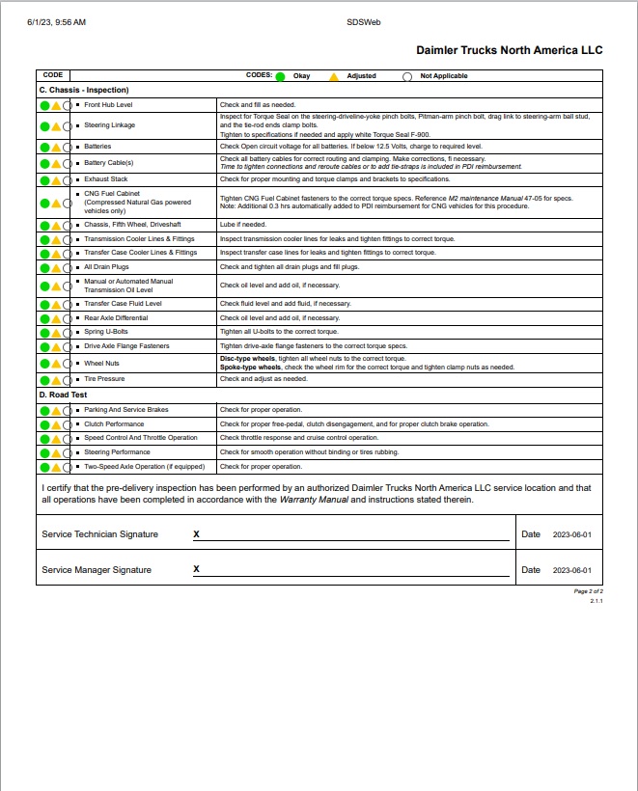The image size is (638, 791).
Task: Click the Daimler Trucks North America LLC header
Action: (509, 49)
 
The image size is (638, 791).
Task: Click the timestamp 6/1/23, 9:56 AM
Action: (57, 21)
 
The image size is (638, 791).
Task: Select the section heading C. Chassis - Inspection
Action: (83, 90)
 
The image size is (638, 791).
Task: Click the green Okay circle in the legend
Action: (280, 75)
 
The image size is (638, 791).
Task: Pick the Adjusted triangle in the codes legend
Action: (334, 75)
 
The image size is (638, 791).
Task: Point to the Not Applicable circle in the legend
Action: (407, 75)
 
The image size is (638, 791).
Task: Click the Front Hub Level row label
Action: (108, 104)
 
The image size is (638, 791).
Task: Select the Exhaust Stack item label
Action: (106, 179)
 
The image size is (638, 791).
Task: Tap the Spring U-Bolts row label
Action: (106, 332)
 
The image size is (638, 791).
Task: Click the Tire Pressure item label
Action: (104, 379)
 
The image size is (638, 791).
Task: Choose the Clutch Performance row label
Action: (114, 424)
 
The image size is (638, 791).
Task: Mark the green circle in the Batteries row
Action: (44, 148)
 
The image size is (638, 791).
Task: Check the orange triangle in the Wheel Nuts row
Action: (56, 365)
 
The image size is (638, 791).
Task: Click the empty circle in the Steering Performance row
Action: (68, 452)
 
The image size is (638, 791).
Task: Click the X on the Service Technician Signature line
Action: (196, 533)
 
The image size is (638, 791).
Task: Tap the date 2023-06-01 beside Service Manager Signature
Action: (571, 570)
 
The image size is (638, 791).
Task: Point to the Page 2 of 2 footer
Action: (588, 590)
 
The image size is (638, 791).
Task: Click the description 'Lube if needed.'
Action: (243, 224)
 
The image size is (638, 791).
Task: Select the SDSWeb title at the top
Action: (362, 21)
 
